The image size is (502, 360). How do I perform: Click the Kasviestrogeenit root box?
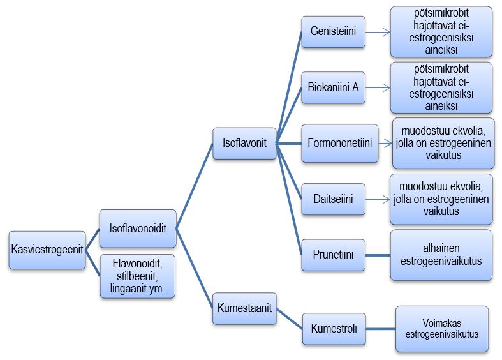click(48, 250)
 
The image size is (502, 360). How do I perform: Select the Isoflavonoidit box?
click(138, 228)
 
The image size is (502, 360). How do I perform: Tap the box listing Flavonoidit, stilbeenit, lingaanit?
click(138, 275)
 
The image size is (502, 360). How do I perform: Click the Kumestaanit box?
click(244, 308)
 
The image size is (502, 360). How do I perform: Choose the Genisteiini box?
click(333, 31)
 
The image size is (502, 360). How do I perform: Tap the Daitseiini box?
click(333, 199)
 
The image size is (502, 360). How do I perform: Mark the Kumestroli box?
click(334, 329)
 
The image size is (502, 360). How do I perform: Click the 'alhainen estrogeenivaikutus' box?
click(441, 255)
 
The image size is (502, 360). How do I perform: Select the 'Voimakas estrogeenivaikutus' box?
click(442, 328)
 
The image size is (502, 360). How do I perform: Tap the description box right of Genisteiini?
click(441, 31)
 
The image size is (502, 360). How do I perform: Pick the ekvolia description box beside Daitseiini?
click(441, 199)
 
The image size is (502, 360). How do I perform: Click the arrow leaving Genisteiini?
click(377, 31)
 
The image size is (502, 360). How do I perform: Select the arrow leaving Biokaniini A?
click(377, 87)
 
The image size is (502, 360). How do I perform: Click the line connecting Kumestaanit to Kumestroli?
click(289, 319)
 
